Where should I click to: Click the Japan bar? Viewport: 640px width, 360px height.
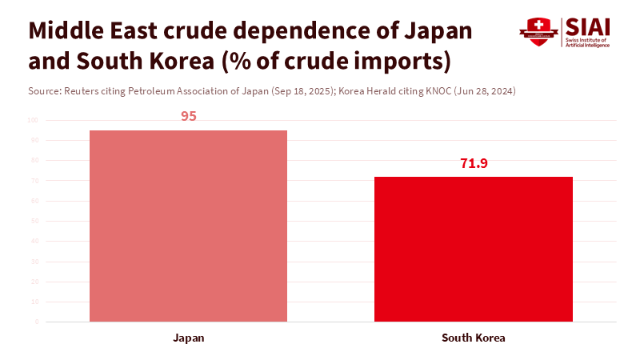[x=188, y=226]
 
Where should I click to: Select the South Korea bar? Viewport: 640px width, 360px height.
[x=474, y=249]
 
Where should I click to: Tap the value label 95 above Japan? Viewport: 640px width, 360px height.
[x=189, y=116]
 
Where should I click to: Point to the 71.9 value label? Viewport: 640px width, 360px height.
[x=474, y=163]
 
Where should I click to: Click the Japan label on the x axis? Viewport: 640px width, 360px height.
[x=189, y=338]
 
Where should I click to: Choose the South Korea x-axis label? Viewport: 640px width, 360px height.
[x=474, y=338]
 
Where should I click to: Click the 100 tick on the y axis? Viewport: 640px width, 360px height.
[x=33, y=120]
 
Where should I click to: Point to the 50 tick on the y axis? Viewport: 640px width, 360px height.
[x=34, y=221]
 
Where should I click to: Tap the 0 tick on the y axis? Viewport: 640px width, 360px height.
[x=36, y=322]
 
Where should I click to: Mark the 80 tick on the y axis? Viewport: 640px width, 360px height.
[x=34, y=161]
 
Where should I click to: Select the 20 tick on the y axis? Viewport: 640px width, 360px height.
[x=34, y=282]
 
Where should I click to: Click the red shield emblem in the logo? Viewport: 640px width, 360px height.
[x=538, y=31]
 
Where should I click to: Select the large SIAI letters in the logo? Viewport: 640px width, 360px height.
[x=588, y=26]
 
